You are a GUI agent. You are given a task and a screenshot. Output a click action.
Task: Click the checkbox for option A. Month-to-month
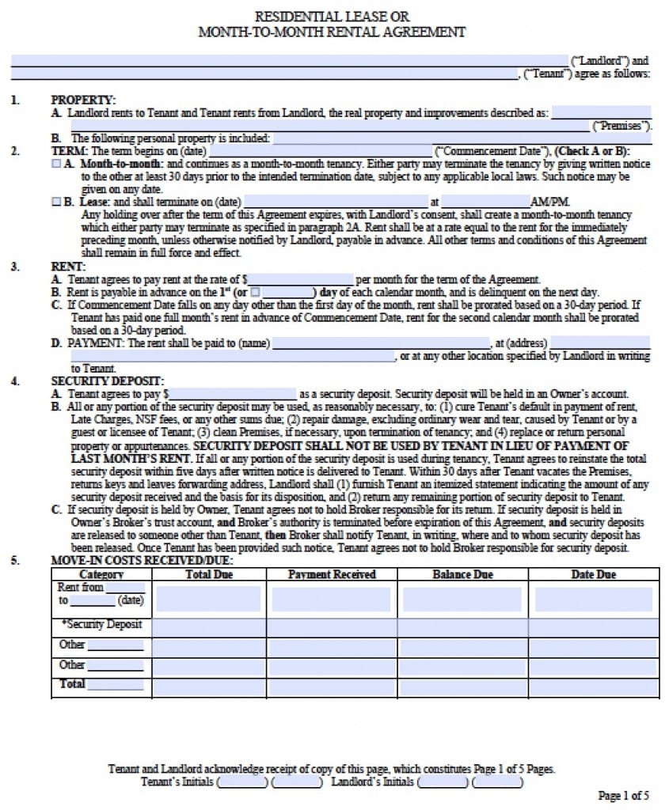[56, 164]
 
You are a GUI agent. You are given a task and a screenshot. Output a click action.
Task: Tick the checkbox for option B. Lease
[56, 202]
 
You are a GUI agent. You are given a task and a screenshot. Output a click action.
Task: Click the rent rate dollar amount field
[301, 279]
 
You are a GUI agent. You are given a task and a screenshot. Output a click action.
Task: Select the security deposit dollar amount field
[234, 393]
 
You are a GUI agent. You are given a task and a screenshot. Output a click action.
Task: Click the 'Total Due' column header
[209, 574]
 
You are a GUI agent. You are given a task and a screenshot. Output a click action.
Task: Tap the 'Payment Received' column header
[332, 574]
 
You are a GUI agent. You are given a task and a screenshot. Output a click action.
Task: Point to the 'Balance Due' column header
[462, 574]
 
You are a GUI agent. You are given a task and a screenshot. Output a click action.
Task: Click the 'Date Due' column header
[593, 574]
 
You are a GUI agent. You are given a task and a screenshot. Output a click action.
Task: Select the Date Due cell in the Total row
[593, 687]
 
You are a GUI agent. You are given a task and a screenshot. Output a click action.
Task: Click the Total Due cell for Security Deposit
[209, 627]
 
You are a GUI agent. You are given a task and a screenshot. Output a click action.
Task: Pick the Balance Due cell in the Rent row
[462, 599]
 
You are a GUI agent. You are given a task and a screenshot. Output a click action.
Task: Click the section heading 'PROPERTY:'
[83, 100]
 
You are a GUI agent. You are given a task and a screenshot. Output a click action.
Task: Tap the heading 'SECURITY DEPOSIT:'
[108, 380]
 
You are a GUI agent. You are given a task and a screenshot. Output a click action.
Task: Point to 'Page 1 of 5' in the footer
[623, 796]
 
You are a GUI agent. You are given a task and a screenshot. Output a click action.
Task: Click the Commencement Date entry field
[321, 151]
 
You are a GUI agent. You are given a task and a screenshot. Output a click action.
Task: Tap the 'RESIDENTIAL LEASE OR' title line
[332, 17]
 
